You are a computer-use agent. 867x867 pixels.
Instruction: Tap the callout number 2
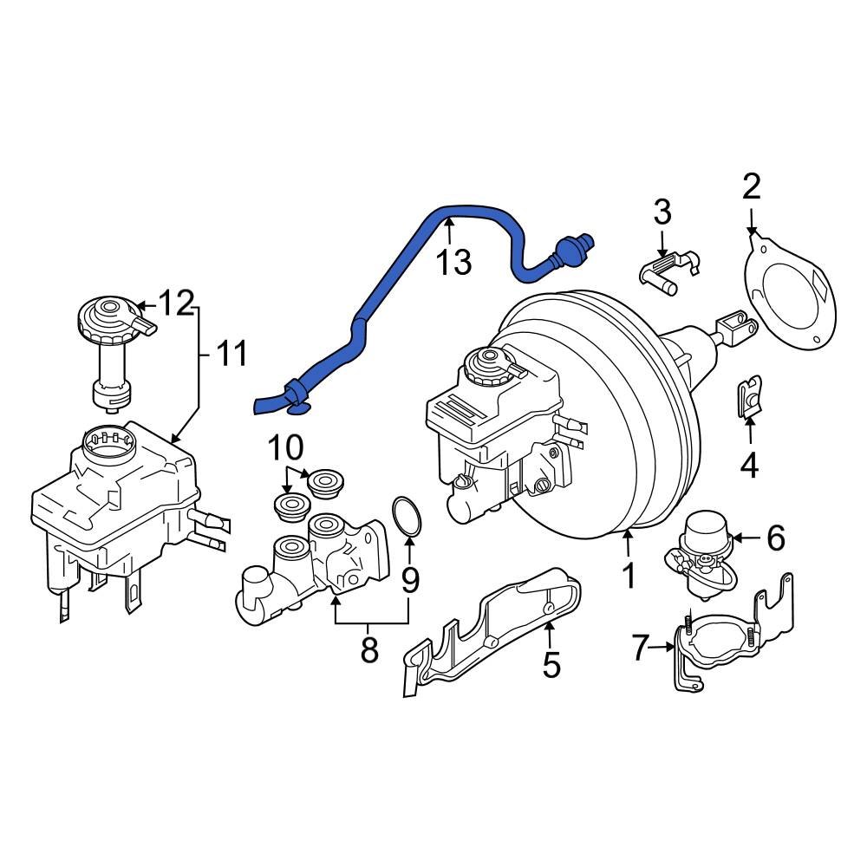coord(751,186)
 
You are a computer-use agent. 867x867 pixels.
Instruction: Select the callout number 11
coord(231,353)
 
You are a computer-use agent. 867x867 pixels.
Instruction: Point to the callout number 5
coord(551,665)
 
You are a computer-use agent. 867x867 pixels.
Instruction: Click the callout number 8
coord(370,649)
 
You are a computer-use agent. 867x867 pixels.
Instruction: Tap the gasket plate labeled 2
coord(791,300)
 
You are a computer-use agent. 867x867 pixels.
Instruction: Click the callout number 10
coord(285,448)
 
